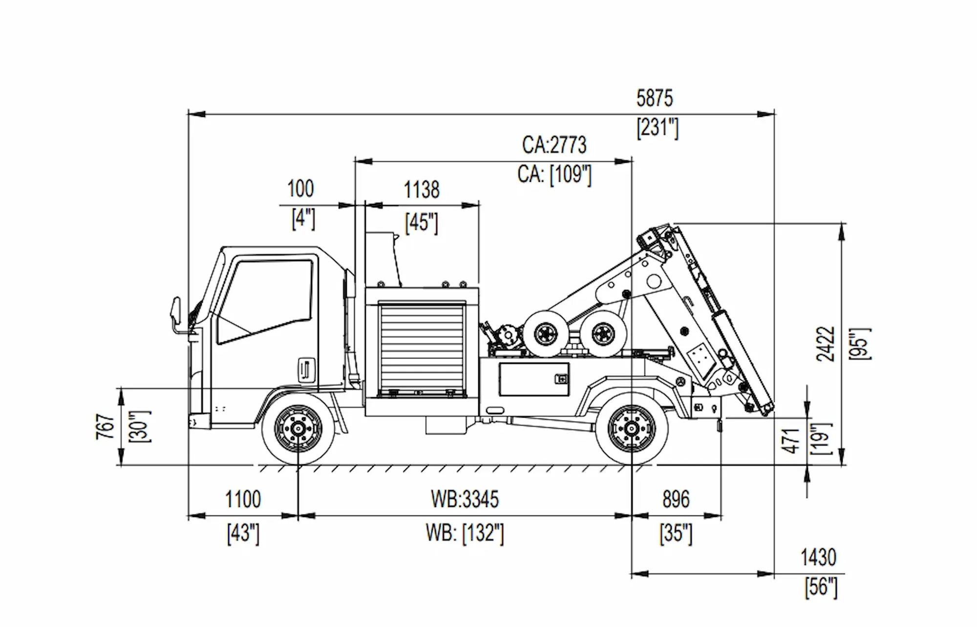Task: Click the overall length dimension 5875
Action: [654, 98]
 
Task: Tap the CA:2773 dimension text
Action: [554, 145]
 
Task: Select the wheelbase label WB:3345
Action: [465, 499]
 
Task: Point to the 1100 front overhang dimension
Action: [243, 499]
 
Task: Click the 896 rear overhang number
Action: [676, 499]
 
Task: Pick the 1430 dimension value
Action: [818, 558]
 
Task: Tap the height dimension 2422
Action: [826, 344]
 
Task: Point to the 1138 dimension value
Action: [421, 190]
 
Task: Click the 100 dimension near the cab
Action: [300, 189]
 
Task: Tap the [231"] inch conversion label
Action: [657, 128]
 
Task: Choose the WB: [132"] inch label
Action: [465, 533]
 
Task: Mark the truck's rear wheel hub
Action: [631, 429]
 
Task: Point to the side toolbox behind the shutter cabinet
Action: [533, 379]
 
